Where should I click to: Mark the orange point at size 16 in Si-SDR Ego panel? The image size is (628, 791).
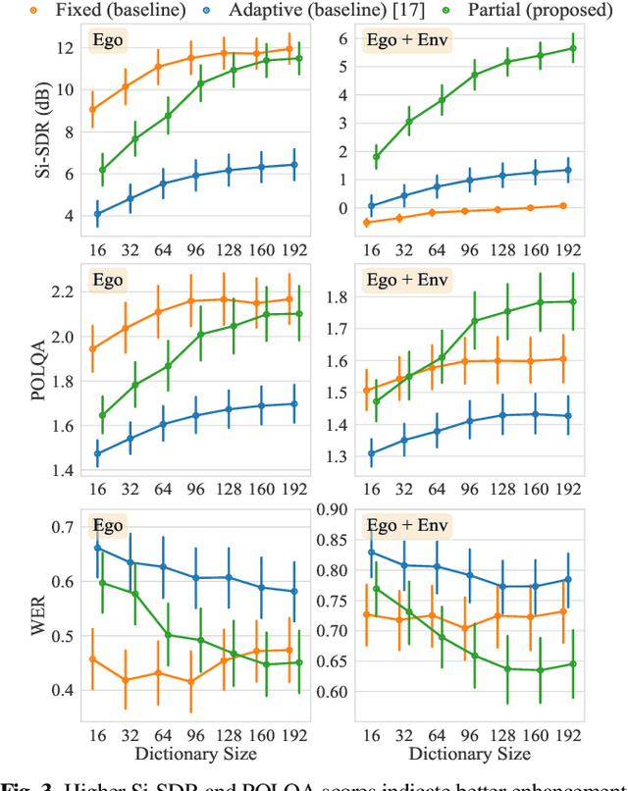pyautogui.click(x=92, y=109)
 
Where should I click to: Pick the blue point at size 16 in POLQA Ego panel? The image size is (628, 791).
pyautogui.click(x=97, y=453)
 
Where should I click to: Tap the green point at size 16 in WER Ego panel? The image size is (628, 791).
pyautogui.click(x=102, y=583)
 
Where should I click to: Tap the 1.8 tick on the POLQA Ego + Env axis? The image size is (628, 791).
pyautogui.click(x=340, y=296)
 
